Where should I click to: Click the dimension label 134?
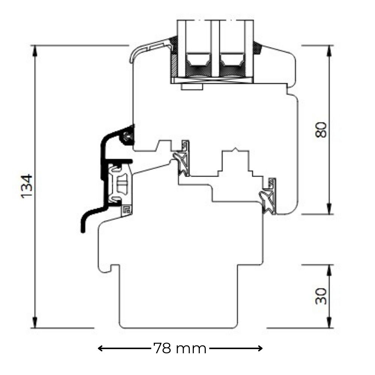pos(27,186)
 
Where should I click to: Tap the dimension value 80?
pos(321,130)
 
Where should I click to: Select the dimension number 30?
pos(321,296)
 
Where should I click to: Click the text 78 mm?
pos(180,348)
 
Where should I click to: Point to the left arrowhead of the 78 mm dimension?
pos(100,348)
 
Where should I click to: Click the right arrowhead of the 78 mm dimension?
pos(260,348)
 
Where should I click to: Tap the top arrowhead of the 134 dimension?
pos(35,51)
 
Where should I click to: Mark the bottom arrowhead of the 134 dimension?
pos(35,322)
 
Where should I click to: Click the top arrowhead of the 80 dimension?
pos(329,51)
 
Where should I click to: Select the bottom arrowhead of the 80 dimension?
pos(329,208)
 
